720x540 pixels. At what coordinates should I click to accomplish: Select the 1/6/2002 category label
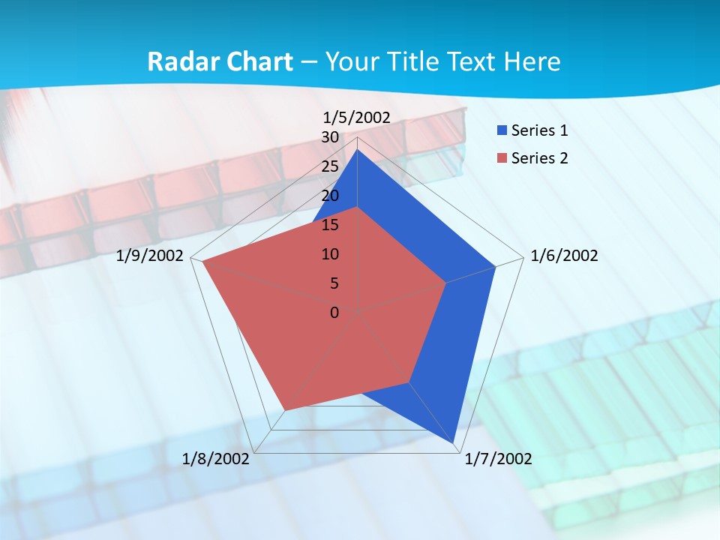pyautogui.click(x=564, y=256)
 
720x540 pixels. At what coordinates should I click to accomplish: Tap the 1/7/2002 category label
pyautogui.click(x=498, y=459)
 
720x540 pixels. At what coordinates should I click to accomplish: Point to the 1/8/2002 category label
pyautogui.click(x=216, y=459)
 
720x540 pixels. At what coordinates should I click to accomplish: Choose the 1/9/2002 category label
pyautogui.click(x=150, y=256)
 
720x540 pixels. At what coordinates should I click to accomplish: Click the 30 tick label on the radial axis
pyautogui.click(x=330, y=138)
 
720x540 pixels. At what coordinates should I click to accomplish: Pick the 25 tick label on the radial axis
pyautogui.click(x=330, y=166)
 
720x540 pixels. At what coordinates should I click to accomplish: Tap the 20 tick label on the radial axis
pyautogui.click(x=330, y=196)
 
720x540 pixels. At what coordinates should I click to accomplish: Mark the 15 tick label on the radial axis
pyautogui.click(x=330, y=225)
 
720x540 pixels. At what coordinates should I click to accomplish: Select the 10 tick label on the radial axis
pyautogui.click(x=330, y=254)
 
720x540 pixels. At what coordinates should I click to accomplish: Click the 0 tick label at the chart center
pyautogui.click(x=334, y=313)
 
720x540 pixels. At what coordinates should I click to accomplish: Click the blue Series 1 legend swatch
pyautogui.click(x=502, y=130)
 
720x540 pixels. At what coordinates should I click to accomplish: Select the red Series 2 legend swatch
pyautogui.click(x=502, y=158)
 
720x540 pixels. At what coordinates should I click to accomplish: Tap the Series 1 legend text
pyautogui.click(x=539, y=130)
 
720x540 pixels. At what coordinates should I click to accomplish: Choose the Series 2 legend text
pyautogui.click(x=539, y=158)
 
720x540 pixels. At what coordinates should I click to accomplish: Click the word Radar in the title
pyautogui.click(x=176, y=61)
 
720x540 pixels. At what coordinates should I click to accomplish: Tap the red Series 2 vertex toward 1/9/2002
pyautogui.click(x=203, y=262)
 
